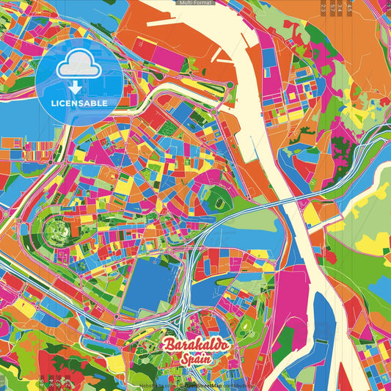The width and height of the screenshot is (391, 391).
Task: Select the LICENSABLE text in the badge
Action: [x=78, y=103]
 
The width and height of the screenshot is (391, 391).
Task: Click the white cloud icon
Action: [x=78, y=67]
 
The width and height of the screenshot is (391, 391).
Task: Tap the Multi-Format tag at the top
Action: [x=195, y=3]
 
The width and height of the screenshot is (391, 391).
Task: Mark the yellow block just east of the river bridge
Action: [x=311, y=214]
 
